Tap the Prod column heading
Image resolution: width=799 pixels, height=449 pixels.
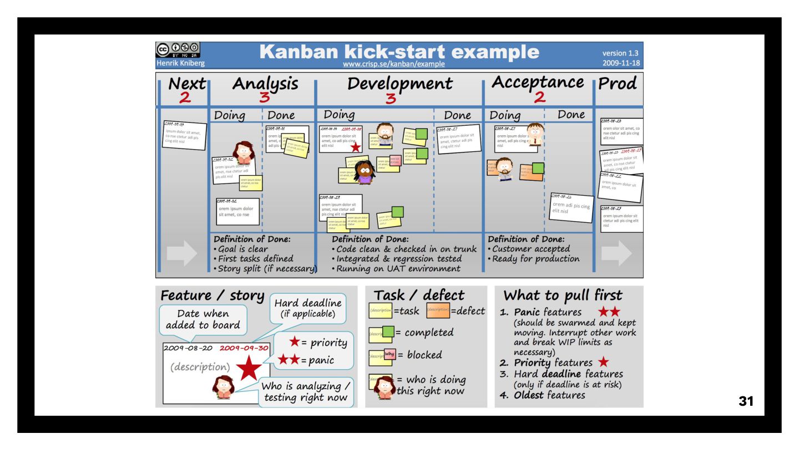point(618,84)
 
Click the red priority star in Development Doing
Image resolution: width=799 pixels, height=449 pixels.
point(356,147)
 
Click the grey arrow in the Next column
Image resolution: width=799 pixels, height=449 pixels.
point(181,254)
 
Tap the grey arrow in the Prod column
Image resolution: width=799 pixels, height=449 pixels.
point(616,254)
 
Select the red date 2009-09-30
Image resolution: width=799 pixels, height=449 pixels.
point(245,349)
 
